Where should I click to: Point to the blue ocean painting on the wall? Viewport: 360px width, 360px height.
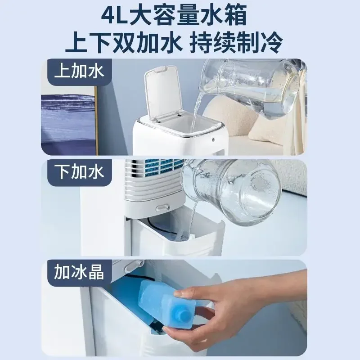(x=67, y=119)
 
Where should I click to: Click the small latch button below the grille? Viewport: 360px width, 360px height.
(x=160, y=208)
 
